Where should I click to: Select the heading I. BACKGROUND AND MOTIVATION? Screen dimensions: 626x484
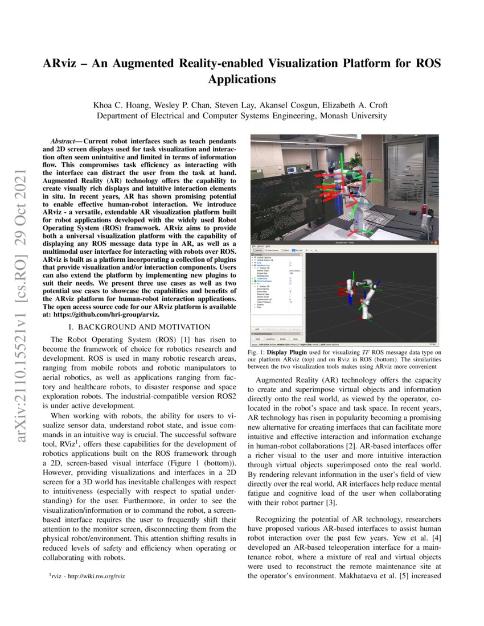click(x=140, y=327)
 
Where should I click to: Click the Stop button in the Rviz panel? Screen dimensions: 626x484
click(x=294, y=338)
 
